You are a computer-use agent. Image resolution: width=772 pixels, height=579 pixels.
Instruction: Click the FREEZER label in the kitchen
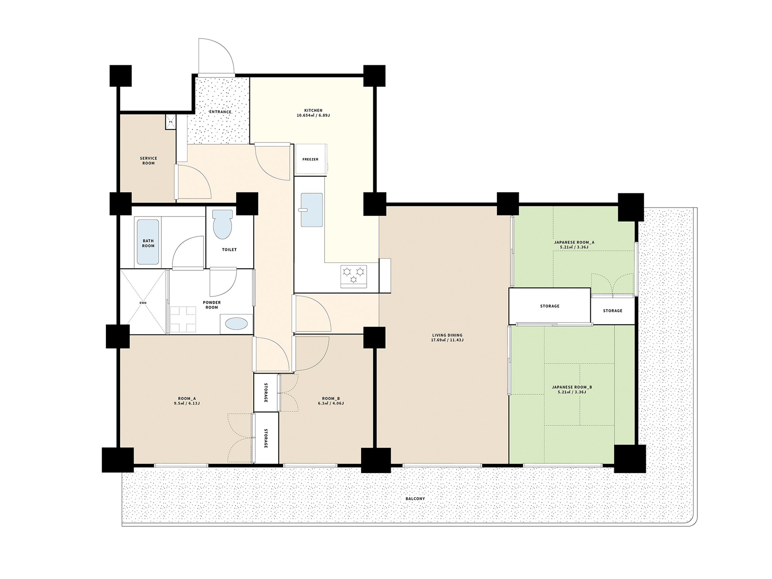click(310, 159)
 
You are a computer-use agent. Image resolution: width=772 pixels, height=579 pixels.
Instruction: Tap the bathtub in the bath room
click(148, 242)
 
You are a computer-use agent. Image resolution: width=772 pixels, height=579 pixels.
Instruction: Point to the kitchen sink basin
click(312, 210)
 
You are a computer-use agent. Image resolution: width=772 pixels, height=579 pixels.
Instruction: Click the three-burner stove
click(353, 276)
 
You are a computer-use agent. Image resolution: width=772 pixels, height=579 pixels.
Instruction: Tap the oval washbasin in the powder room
click(236, 324)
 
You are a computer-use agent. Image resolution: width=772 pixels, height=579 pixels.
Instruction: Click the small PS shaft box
click(170, 122)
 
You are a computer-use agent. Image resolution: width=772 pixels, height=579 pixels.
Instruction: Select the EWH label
click(143, 303)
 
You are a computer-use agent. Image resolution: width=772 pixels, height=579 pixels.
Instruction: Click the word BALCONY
click(415, 499)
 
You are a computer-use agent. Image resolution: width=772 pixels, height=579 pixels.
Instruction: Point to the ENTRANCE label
click(220, 112)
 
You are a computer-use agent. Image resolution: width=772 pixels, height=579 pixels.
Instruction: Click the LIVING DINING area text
click(447, 335)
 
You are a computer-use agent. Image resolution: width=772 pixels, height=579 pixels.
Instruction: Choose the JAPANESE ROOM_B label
click(572, 387)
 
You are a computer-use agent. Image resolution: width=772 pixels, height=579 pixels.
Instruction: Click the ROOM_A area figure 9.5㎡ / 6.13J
click(187, 404)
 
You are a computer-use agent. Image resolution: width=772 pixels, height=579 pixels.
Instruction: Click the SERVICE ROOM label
click(148, 160)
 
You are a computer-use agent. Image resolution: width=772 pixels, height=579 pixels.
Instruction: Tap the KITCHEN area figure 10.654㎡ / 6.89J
click(313, 115)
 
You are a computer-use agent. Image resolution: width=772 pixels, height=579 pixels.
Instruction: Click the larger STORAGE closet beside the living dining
click(549, 306)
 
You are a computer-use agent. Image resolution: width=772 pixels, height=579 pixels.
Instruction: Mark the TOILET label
click(229, 249)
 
